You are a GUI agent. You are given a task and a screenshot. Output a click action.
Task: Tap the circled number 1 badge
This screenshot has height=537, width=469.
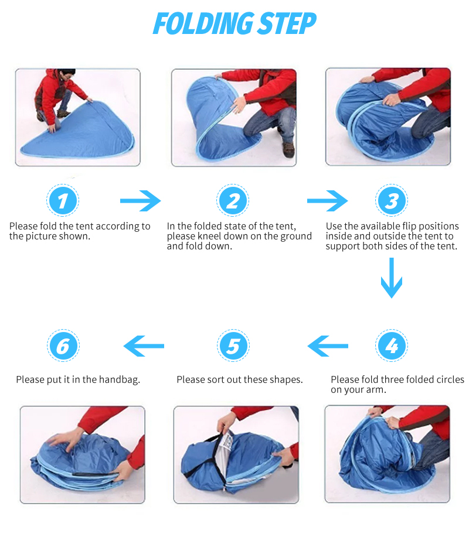(x=63, y=201)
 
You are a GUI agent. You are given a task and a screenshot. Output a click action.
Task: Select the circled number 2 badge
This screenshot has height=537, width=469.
(x=233, y=201)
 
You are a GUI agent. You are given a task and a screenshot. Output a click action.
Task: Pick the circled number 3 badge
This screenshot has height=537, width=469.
(x=391, y=201)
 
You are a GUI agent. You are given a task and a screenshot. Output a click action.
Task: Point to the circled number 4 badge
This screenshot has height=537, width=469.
(x=391, y=346)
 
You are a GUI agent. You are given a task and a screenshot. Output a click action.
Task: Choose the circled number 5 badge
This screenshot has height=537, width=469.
(x=233, y=346)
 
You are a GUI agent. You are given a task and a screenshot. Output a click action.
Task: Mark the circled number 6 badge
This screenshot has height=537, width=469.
(x=63, y=346)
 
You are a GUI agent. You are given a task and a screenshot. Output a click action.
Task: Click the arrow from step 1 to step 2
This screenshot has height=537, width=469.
(x=140, y=201)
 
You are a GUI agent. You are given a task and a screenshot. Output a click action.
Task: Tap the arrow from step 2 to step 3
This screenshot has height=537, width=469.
(x=327, y=201)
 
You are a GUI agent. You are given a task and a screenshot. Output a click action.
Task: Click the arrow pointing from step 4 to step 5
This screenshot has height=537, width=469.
(x=328, y=346)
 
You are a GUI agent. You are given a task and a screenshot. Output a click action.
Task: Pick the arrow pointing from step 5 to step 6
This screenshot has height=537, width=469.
(x=144, y=346)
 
